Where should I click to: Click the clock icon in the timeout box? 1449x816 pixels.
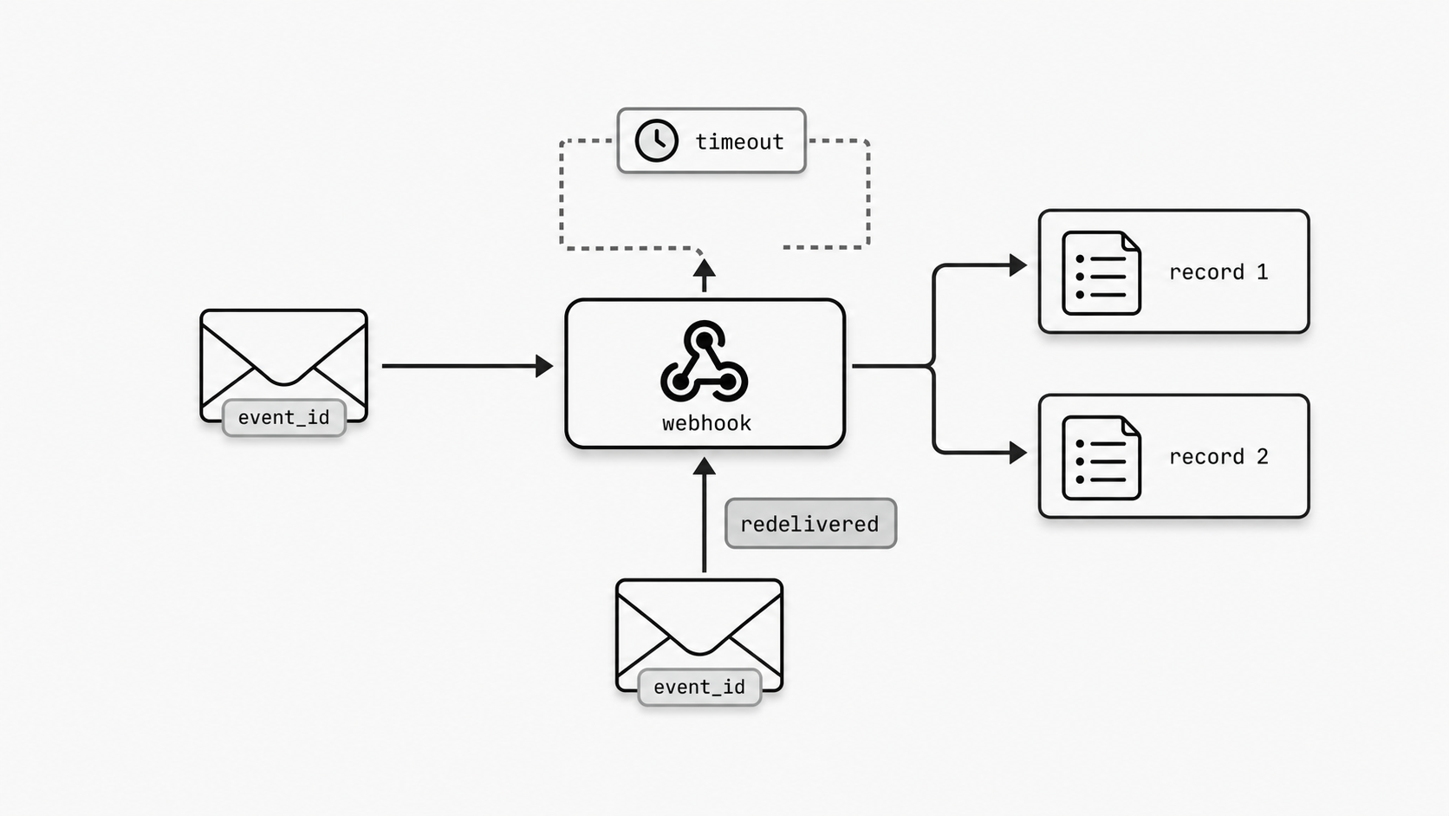656,140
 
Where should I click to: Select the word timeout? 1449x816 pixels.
739,141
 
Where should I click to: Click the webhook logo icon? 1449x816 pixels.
704,362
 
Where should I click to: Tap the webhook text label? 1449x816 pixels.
706,423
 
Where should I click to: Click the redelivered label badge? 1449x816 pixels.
810,524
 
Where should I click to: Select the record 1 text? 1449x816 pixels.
1218,272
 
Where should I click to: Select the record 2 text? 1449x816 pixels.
1218,457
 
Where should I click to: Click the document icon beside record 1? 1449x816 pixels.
1101,273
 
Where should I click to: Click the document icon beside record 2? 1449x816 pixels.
1101,458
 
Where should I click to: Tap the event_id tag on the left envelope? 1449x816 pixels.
284,418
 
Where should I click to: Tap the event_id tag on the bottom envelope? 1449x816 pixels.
699,688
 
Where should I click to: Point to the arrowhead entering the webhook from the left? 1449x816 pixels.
544,366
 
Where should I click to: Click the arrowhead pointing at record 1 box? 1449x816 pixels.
1018,264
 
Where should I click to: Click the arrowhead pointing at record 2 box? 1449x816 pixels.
1018,453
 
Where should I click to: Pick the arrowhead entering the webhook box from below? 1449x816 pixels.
705,467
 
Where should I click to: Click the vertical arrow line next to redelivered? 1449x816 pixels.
705,529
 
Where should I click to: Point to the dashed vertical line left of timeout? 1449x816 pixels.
562,195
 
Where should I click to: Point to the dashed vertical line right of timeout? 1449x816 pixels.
867,195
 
